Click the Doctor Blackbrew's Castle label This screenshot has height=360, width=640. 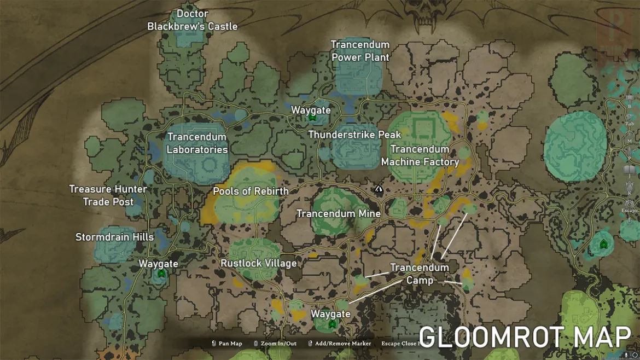[193, 20]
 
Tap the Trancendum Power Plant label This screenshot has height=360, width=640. [360, 50]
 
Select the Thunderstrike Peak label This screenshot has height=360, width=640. [354, 135]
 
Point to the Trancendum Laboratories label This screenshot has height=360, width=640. [197, 143]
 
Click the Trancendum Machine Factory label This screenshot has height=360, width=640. [420, 155]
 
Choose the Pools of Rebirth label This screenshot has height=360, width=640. [251, 191]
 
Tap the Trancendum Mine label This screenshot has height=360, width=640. [338, 213]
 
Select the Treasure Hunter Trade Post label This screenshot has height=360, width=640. [108, 195]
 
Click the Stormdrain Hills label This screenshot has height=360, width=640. [114, 237]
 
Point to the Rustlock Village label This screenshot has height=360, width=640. [259, 263]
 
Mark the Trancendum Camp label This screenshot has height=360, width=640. [420, 274]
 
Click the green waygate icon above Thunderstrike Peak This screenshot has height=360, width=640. [312, 118]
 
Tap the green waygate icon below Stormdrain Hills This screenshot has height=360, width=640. [161, 273]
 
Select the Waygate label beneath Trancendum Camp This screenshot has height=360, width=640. [330, 314]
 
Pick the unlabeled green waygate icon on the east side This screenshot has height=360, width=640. [603, 243]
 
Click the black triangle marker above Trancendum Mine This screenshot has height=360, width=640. [379, 189]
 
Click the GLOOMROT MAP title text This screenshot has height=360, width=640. [525, 337]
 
